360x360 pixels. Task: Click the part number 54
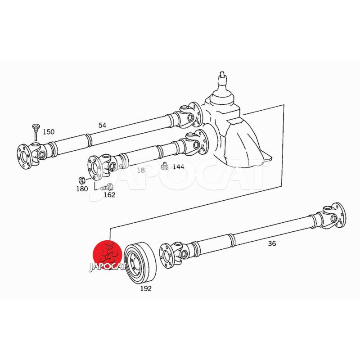(x=102, y=126)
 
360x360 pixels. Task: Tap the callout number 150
(x=49, y=132)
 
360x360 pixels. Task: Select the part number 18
(x=141, y=170)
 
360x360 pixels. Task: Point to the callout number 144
(x=178, y=166)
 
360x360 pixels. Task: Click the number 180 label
(x=82, y=189)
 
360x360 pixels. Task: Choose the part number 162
(x=109, y=195)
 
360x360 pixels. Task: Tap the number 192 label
(x=146, y=288)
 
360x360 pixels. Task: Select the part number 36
(x=272, y=243)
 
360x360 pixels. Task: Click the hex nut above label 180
(x=82, y=180)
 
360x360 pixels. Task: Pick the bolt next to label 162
(x=107, y=187)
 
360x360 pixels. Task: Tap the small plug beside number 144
(x=164, y=166)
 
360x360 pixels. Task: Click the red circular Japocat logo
(x=107, y=255)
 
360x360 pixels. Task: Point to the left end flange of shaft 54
(x=23, y=157)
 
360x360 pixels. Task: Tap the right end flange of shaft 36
(x=339, y=215)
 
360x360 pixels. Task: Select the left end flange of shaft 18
(x=94, y=168)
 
